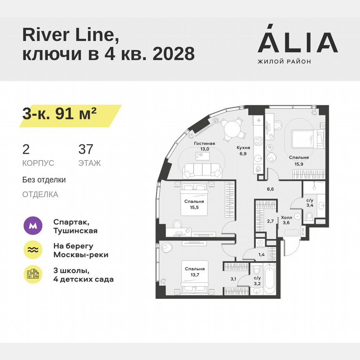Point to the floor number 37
(x=86, y=149)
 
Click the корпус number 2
(x=26, y=149)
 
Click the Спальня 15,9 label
(x=299, y=161)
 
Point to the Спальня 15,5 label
(x=194, y=204)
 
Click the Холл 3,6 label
(x=286, y=220)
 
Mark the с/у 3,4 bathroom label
(x=310, y=202)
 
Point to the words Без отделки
(x=44, y=180)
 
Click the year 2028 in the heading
(x=174, y=53)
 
